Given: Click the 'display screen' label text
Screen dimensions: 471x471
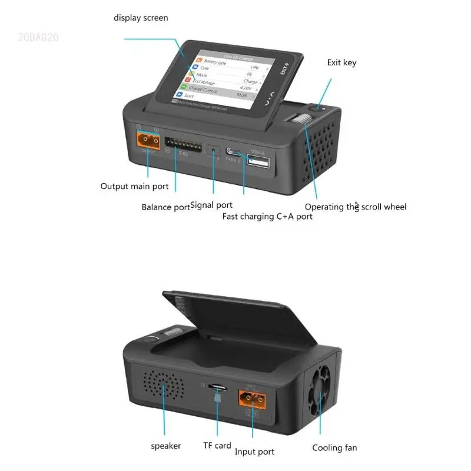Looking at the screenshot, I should pos(141,18).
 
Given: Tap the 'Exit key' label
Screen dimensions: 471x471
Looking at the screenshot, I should pos(341,62).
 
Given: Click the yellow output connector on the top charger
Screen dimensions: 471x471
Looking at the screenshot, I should pos(148,140).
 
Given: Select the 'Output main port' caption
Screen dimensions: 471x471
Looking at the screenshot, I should pos(134,187).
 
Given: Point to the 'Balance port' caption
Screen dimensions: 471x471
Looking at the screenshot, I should pos(165,207).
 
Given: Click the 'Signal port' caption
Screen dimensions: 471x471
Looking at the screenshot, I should pos(212,205).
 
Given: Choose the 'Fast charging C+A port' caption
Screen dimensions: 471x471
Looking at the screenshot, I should pos(267,216).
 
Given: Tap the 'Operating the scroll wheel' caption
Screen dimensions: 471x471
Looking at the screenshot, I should pos(356,207).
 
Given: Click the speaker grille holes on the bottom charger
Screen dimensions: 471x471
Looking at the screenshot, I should pos(162,387).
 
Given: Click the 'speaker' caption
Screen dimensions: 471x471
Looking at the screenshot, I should pos(166,446).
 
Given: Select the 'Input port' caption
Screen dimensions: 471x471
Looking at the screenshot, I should pos(254,452).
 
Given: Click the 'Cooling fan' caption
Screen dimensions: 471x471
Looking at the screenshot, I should pos(334,447).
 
